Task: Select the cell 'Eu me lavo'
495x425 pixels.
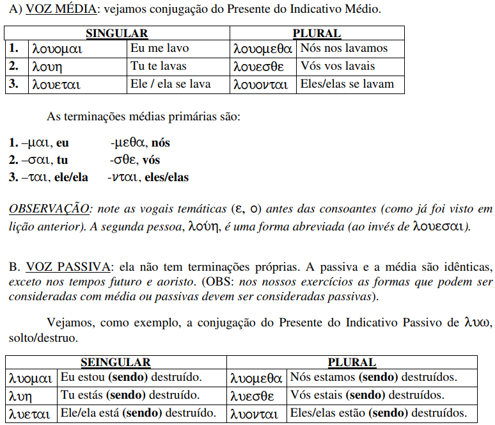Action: [x=159, y=48]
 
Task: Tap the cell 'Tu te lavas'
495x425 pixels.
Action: [x=159, y=66]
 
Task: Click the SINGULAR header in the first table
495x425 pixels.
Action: [x=117, y=33]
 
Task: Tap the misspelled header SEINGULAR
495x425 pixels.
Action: [x=116, y=363]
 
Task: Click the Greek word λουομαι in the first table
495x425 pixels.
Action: [x=58, y=49]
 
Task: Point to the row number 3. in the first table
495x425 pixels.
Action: [x=14, y=84]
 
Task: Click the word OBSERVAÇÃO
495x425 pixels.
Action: [x=49, y=209]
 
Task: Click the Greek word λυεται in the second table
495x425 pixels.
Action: [x=29, y=414]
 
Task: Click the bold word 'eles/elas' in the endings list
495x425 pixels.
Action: [x=166, y=177]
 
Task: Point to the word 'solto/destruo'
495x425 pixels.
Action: [x=40, y=337]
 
